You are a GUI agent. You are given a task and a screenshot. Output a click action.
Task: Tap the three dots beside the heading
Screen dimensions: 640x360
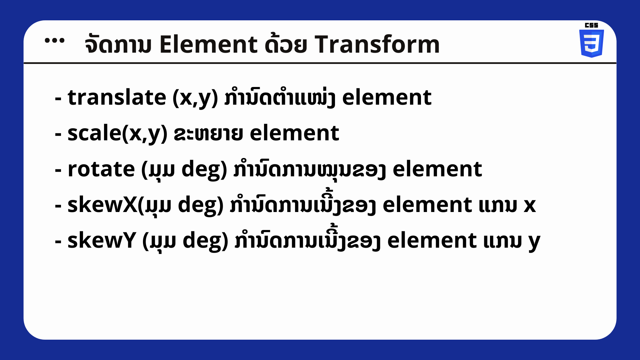click(x=54, y=41)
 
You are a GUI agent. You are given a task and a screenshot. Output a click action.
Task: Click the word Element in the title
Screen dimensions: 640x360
click(x=208, y=44)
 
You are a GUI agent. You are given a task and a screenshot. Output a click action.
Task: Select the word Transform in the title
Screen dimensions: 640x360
click(x=377, y=44)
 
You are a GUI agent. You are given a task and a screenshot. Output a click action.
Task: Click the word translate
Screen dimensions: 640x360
click(x=117, y=97)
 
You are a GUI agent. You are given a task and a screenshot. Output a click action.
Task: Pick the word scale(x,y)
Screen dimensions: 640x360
click(x=117, y=134)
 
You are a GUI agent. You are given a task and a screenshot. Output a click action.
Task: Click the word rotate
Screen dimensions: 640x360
click(x=101, y=169)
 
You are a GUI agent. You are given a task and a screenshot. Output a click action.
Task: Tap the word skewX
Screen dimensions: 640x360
click(x=102, y=205)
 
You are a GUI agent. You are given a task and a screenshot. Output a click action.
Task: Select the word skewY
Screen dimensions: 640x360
click(x=102, y=240)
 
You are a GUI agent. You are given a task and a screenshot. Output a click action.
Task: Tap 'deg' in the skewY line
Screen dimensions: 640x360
click(x=205, y=241)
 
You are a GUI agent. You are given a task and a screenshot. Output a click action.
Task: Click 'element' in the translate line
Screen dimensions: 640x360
click(x=387, y=97)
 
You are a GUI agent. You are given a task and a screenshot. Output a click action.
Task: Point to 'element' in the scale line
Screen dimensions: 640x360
click(x=294, y=133)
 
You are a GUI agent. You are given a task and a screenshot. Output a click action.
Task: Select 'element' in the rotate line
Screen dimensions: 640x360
click(x=437, y=169)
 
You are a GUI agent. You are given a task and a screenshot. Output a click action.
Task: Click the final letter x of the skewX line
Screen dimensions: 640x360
click(x=530, y=206)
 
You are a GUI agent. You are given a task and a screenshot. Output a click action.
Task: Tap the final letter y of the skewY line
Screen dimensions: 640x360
click(x=534, y=243)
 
